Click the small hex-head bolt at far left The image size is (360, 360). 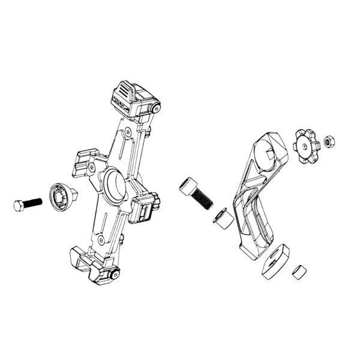pyautogui.click(x=19, y=205)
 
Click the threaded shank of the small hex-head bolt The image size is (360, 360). pyautogui.click(x=33, y=202)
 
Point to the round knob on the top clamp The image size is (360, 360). pyautogui.click(x=156, y=108)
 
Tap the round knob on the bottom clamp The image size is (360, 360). pyautogui.click(x=115, y=274)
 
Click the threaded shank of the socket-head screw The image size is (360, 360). pyautogui.click(x=203, y=200)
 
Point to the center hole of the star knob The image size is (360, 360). pyautogui.click(x=306, y=146)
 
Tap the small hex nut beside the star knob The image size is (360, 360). pyautogui.click(x=329, y=142)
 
